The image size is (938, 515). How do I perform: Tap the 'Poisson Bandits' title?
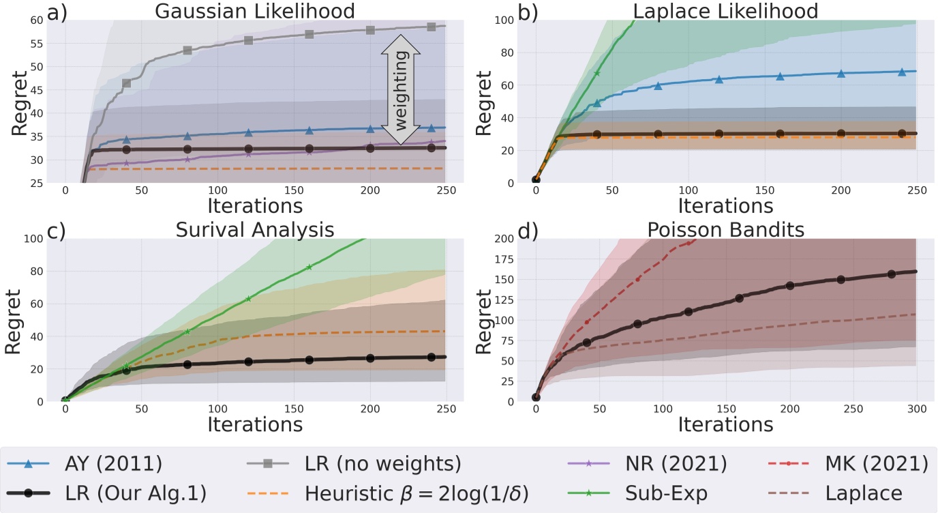(x=725, y=229)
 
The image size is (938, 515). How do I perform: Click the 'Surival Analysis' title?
(x=255, y=229)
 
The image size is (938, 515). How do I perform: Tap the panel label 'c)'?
(x=15, y=231)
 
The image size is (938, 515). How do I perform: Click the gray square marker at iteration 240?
(x=431, y=27)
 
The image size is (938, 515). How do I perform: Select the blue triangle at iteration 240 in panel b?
(x=902, y=72)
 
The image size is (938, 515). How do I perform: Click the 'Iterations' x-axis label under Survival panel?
(x=255, y=424)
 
